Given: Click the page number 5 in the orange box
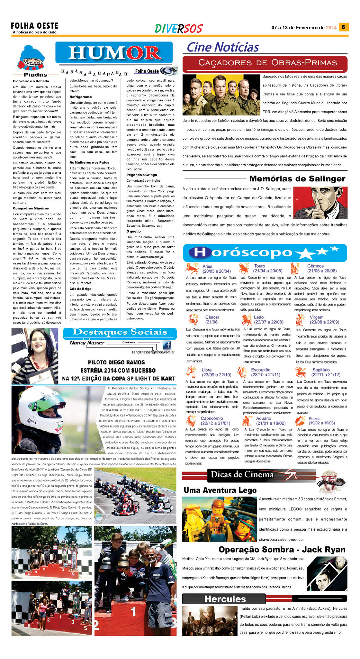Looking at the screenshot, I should [343, 27].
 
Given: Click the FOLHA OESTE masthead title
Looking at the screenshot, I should [34, 26].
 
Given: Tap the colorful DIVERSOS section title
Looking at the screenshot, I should [178, 29].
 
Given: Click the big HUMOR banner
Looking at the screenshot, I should [114, 53].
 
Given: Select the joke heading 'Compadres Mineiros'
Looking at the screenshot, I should [31, 208].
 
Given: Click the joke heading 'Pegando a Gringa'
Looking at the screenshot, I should [141, 175].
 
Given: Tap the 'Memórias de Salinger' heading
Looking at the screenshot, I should [297, 179].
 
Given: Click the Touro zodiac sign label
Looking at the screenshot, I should [259, 266].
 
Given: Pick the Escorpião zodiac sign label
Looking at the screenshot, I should [261, 370].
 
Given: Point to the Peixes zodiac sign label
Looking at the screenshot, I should [314, 418].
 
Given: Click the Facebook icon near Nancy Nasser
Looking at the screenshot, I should [166, 345].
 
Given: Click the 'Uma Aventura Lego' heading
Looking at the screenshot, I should [220, 490].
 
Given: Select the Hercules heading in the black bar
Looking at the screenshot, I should [225, 599].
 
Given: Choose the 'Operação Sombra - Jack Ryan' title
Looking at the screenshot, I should [282, 549].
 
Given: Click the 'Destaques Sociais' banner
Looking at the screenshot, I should [120, 332].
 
